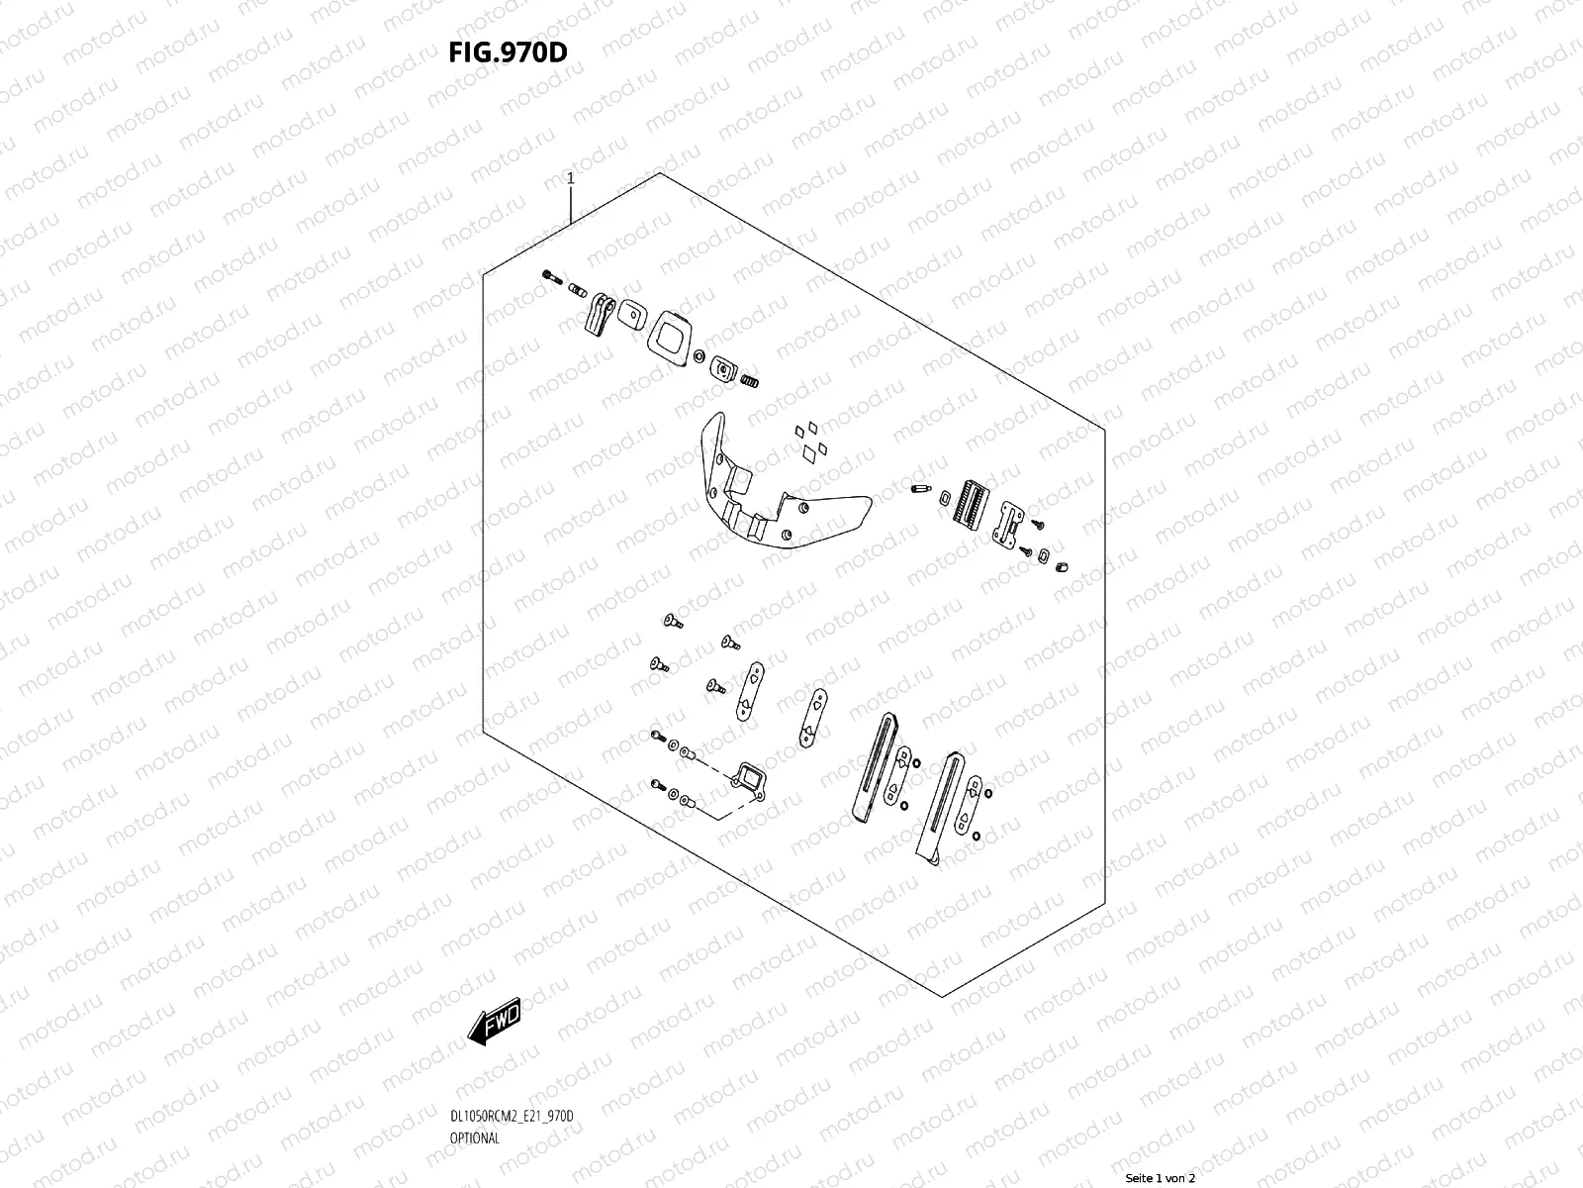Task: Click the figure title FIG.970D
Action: (x=508, y=51)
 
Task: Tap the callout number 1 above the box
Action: (x=571, y=178)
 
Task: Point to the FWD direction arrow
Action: (x=494, y=1022)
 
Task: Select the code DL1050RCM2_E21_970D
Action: (x=512, y=1116)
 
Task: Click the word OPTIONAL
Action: (x=475, y=1138)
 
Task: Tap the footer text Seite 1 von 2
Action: (x=1161, y=1178)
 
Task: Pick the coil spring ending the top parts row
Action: (x=749, y=380)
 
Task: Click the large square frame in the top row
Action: (x=670, y=339)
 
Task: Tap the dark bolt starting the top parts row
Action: (x=552, y=277)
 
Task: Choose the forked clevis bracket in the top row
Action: (x=600, y=314)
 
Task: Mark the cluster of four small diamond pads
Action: (x=811, y=443)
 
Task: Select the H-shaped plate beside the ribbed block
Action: (x=1009, y=525)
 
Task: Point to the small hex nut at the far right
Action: (x=1062, y=567)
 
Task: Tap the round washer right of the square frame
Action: (x=698, y=356)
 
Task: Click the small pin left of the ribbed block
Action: (x=920, y=489)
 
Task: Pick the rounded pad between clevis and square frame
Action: (x=632, y=315)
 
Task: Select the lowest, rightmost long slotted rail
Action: (x=940, y=809)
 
